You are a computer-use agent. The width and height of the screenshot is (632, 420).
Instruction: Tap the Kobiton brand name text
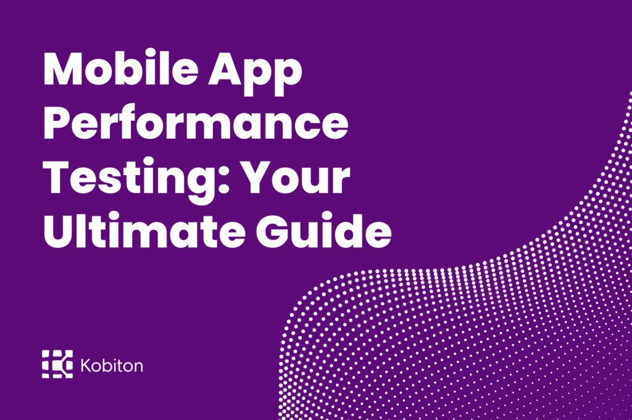[x=112, y=364]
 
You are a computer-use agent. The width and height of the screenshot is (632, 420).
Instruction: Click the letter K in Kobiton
[x=86, y=364]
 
